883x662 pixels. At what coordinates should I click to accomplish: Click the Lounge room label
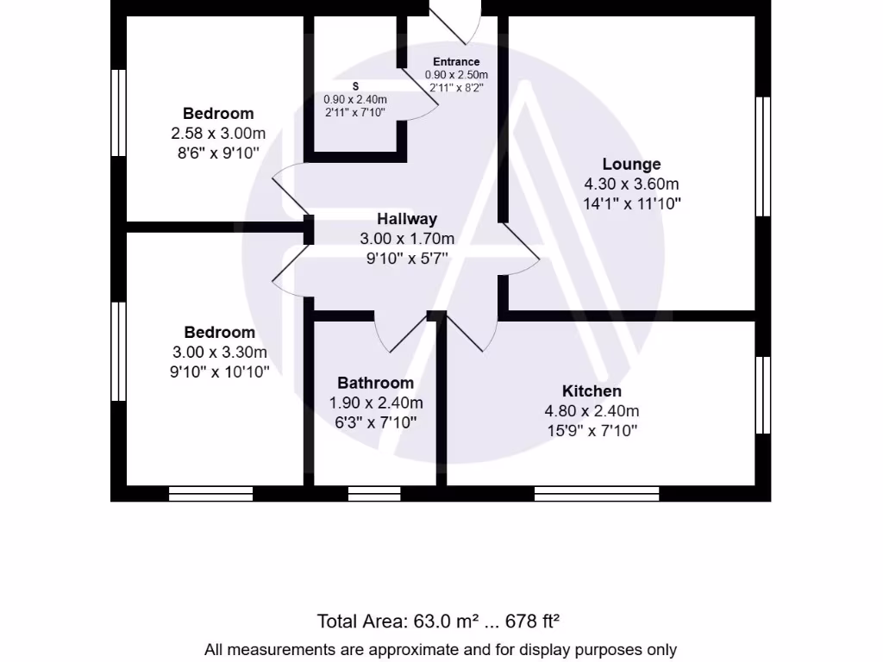[631, 164]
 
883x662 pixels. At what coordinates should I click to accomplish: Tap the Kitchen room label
[592, 391]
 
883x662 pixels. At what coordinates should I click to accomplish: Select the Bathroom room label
[375, 383]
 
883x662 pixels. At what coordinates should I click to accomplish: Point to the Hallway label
[407, 219]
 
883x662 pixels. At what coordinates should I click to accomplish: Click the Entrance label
[456, 62]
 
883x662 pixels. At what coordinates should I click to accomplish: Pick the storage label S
[355, 86]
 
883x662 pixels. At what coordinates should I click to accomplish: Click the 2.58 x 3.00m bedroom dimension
[218, 134]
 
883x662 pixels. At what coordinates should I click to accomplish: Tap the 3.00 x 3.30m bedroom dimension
[219, 353]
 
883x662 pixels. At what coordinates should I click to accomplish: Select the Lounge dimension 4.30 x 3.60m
[631, 184]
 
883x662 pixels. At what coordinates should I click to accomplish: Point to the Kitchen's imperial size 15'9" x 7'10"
[592, 431]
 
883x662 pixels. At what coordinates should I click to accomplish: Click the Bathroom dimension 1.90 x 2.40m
[376, 403]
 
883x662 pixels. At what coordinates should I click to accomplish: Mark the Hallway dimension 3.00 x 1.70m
[407, 239]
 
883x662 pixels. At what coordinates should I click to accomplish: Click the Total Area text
[440, 621]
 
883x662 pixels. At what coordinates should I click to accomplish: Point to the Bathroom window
[374, 493]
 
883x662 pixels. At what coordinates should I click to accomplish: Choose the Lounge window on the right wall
[762, 155]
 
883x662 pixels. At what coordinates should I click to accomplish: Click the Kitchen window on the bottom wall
[597, 493]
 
